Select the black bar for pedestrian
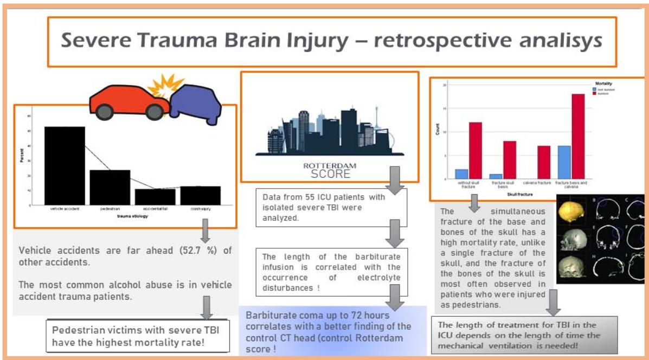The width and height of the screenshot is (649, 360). point(110,187)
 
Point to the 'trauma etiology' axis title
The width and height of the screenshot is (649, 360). point(132,216)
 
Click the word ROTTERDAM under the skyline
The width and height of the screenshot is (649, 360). point(330,165)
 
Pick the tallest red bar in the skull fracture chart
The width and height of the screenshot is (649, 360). point(579,136)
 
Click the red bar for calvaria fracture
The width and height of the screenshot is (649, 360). point(544,162)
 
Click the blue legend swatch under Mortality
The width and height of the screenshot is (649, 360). point(594,89)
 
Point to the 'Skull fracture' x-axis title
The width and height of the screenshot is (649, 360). point(519,193)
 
